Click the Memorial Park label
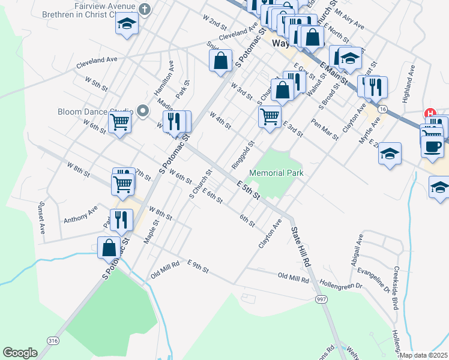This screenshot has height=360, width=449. pos(277,173)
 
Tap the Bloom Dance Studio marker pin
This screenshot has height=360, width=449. pos(142,111)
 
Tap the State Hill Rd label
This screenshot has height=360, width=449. pos(301,246)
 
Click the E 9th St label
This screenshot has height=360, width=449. pos(197,266)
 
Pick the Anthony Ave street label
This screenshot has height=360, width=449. pos(80,214)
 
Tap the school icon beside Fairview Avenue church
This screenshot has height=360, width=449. pos(127,24)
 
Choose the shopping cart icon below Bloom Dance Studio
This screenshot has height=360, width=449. pos(120,122)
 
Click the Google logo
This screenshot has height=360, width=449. pos(20,353)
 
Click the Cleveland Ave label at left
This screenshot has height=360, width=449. pos(96,60)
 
